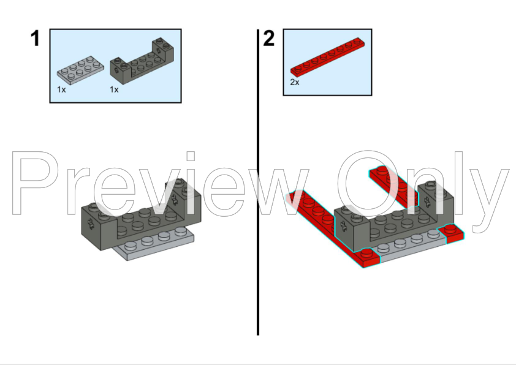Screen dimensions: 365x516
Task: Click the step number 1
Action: pyautogui.click(x=35, y=39)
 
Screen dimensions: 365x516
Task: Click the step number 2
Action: pyautogui.click(x=269, y=39)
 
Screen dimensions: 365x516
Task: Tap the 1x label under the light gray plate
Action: pyautogui.click(x=61, y=89)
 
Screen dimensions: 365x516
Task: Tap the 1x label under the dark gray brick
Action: pyautogui.click(x=114, y=89)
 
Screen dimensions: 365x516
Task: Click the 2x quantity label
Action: pyautogui.click(x=295, y=81)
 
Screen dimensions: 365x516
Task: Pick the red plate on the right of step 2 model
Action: pyautogui.click(x=398, y=184)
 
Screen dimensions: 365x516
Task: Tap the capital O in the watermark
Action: pyautogui.click(x=368, y=184)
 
